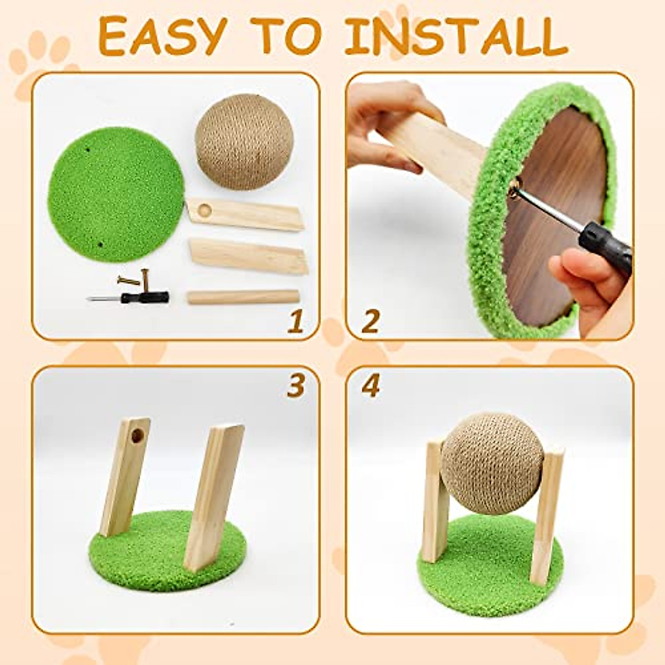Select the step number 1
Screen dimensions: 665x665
click(295, 322)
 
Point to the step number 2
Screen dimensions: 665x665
click(370, 322)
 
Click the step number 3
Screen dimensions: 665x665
click(295, 386)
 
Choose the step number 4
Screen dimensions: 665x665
click(370, 386)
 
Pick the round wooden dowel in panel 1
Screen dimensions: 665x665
click(243, 297)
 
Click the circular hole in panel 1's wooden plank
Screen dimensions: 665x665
click(205, 210)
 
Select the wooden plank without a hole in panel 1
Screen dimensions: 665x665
click(248, 256)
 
